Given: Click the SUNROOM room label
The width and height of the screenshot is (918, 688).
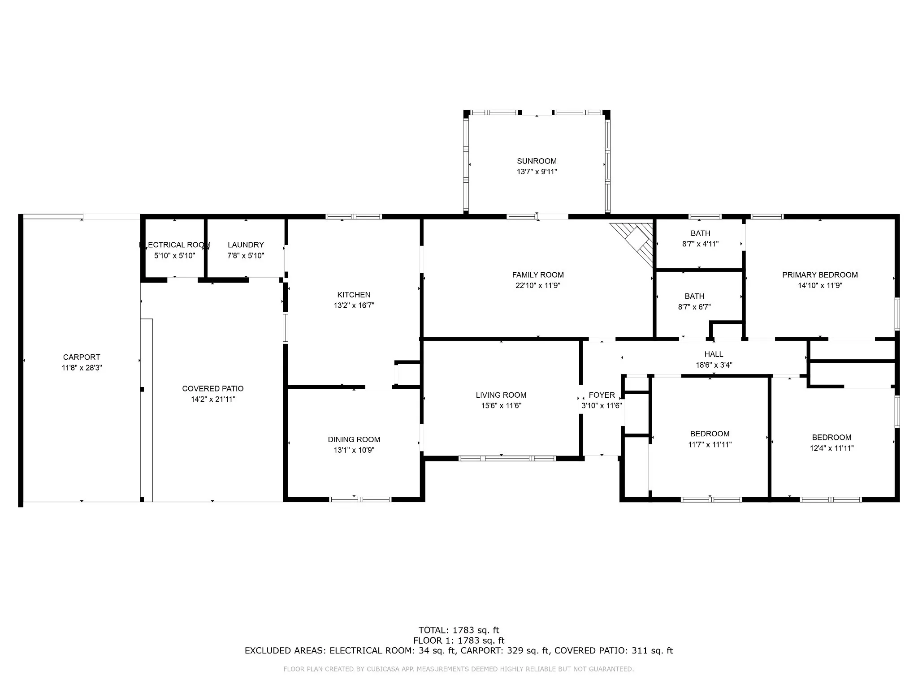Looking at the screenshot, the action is (x=537, y=161).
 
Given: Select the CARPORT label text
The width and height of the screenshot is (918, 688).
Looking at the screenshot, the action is (x=82, y=357).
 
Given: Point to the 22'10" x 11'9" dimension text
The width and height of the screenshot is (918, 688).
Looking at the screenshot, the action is (x=538, y=285).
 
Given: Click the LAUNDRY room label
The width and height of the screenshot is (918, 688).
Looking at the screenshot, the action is (x=246, y=245).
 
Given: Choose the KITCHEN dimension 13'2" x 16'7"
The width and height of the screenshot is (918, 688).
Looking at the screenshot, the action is (x=354, y=305).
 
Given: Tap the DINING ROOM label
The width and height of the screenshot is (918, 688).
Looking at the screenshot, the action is (x=354, y=439).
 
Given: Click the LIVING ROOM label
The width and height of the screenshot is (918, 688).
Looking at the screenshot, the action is (x=501, y=395).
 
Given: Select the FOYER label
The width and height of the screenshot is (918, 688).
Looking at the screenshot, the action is (x=602, y=395).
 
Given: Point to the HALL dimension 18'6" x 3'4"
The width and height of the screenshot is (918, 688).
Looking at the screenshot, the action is (x=714, y=365).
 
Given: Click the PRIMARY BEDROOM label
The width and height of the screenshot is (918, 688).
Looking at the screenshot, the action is (x=820, y=275).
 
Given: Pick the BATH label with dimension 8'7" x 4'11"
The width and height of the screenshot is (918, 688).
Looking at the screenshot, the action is (x=700, y=233).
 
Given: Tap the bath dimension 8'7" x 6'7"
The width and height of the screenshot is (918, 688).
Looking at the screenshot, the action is (x=694, y=307).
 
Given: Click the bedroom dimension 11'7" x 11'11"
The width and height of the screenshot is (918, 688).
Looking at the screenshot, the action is (x=710, y=444).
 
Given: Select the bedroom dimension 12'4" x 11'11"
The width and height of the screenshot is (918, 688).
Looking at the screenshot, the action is (x=831, y=448).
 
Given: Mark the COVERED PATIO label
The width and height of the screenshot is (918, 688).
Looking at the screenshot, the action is (x=213, y=389).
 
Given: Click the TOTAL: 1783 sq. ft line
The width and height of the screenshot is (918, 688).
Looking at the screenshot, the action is (x=459, y=631).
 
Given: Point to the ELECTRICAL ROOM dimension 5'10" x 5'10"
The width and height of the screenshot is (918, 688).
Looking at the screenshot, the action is (x=174, y=256).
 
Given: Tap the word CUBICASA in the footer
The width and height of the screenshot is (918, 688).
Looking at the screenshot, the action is (x=384, y=669).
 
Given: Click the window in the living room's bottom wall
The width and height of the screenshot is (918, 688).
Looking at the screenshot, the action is (x=507, y=458).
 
